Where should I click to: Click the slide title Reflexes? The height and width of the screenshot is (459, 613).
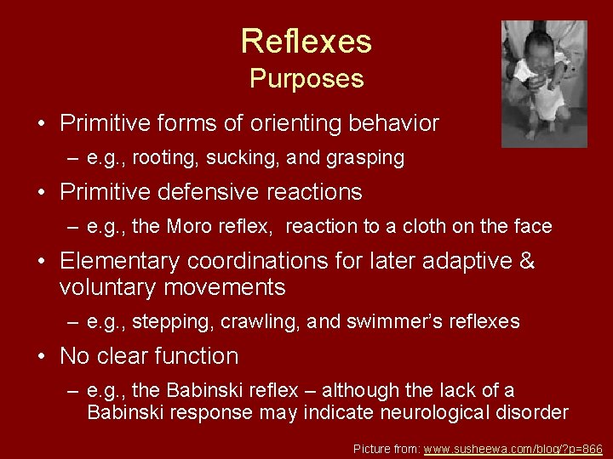click(306, 41)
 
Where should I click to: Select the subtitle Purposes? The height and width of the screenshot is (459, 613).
click(306, 79)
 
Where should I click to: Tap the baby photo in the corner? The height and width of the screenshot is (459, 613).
click(544, 83)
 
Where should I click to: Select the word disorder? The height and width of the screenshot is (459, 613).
click(534, 413)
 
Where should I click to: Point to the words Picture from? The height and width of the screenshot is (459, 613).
click(386, 447)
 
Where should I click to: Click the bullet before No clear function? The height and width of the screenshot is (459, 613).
click(43, 356)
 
